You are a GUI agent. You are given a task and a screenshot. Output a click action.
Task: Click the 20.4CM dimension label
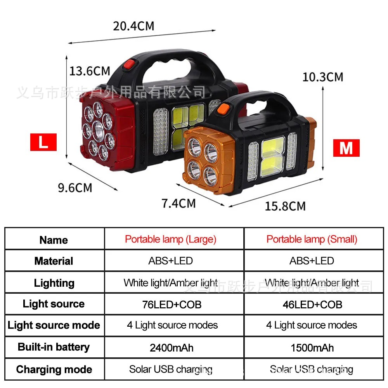point(133,26)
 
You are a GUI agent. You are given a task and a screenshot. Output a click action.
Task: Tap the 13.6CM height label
point(90,71)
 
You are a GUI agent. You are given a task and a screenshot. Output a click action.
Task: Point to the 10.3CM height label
point(323,77)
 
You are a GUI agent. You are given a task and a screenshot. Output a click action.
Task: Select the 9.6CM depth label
point(75,188)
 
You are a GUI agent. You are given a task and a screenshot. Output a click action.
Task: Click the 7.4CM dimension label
point(178,203)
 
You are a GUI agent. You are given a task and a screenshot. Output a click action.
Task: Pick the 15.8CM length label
point(285,206)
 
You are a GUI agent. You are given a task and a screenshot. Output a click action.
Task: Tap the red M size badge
point(346,148)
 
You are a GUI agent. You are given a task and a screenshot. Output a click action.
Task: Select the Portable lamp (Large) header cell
point(171,239)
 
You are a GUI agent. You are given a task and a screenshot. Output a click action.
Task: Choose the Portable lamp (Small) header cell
point(312,239)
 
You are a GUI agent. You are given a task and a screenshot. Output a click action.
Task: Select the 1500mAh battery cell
point(312,347)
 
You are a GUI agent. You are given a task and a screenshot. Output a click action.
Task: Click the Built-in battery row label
point(54,347)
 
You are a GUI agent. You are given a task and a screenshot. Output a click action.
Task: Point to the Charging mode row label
point(54,369)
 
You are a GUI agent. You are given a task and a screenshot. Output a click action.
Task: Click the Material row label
point(54,261)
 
